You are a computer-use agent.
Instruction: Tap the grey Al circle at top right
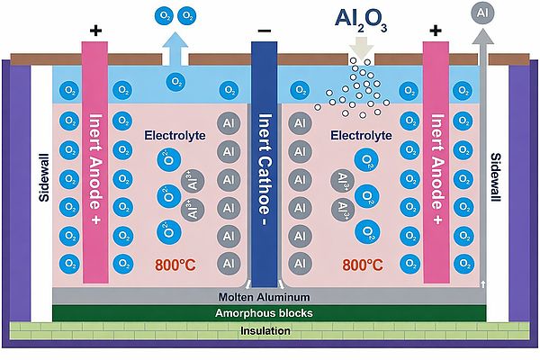pos(483,13)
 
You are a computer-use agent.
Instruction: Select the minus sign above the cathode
pos(264,31)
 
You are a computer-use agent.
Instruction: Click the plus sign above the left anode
pos(96,31)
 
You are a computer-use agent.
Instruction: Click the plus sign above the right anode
pos(436,31)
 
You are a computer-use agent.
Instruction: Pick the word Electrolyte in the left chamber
pos(175,136)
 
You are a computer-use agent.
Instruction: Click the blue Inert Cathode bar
pos(265,162)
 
